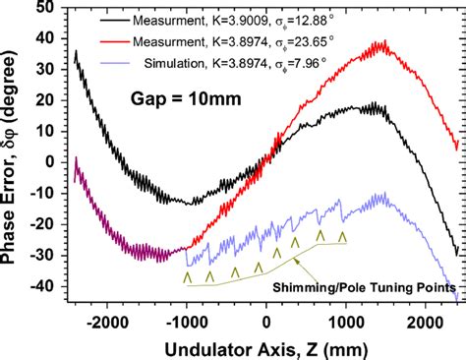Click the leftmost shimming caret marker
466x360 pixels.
[x=187, y=278]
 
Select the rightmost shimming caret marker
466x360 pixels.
[x=342, y=237]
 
